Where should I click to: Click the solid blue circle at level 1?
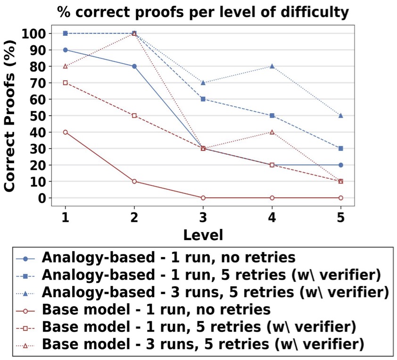(x=66, y=50)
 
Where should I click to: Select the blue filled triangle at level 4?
(x=272, y=66)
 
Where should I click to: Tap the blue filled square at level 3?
(x=203, y=99)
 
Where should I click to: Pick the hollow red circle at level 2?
(x=134, y=181)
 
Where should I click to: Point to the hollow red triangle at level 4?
(x=272, y=132)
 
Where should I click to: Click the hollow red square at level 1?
(x=66, y=83)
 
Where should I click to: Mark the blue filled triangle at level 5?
(x=341, y=116)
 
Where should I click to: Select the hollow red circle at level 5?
(x=341, y=198)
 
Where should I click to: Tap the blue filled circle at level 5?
(x=341, y=165)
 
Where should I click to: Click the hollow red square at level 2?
(x=134, y=116)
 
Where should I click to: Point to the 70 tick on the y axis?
(x=38, y=83)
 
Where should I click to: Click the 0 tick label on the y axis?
(x=42, y=198)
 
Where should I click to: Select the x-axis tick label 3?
(x=203, y=217)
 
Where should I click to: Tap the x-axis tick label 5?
(x=341, y=217)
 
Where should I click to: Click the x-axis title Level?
(x=203, y=235)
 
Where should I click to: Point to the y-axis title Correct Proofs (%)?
(x=9, y=115)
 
